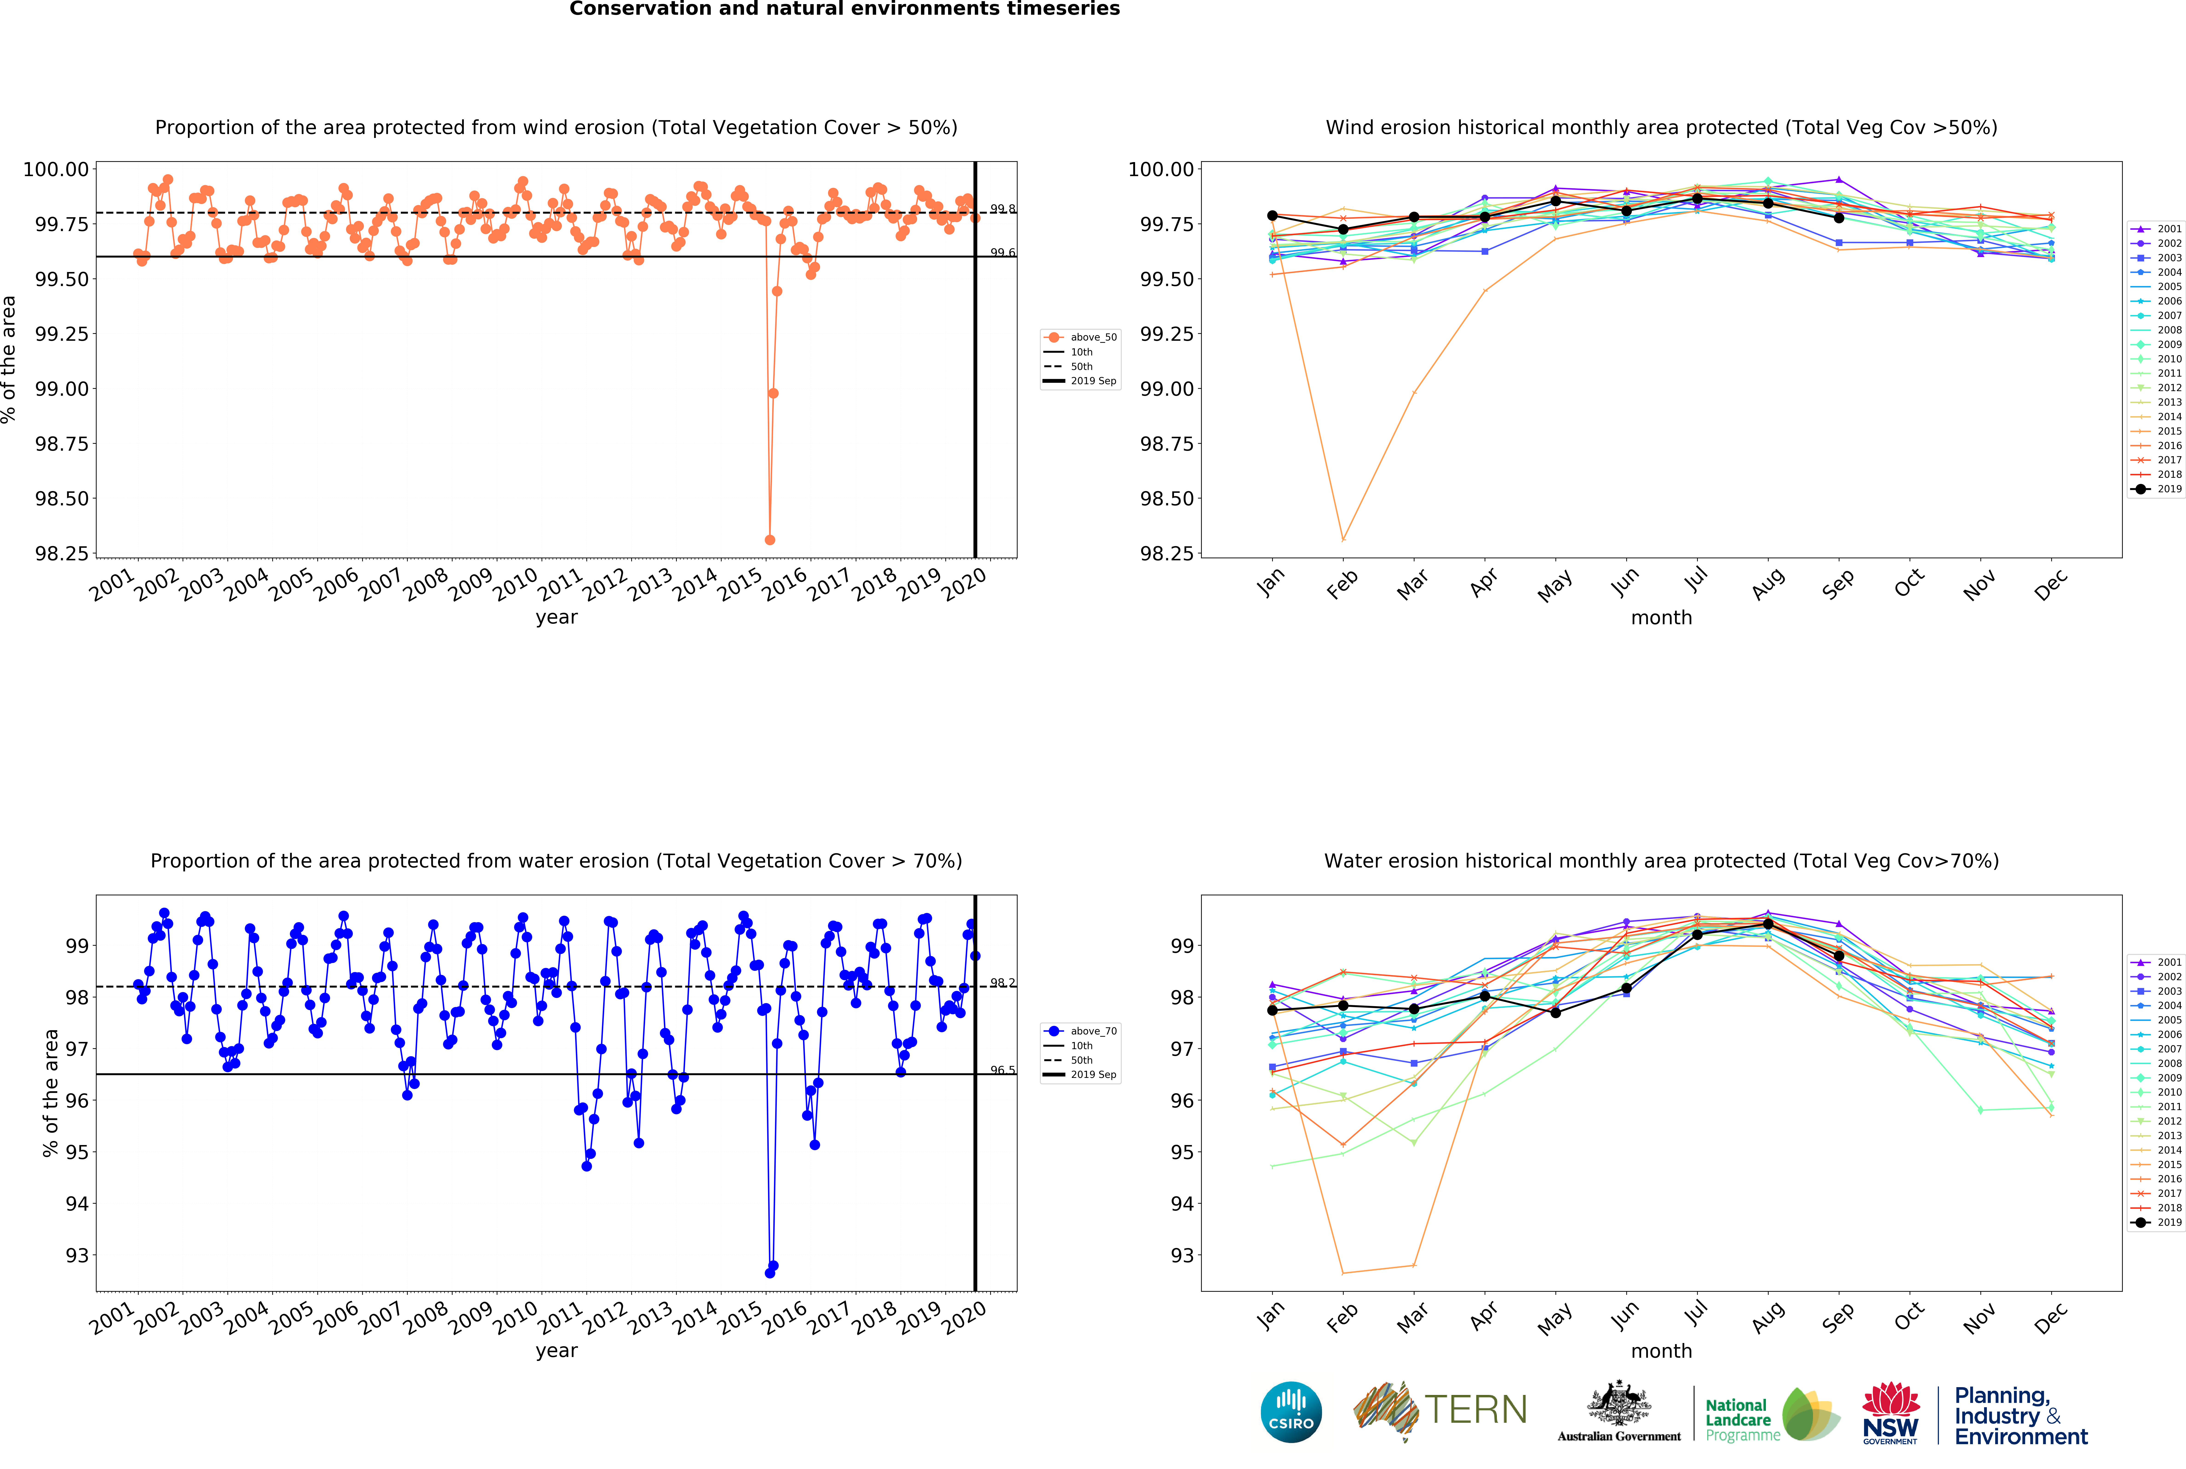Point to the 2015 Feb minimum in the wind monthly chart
coord(1343,540)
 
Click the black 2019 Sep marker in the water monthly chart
coord(1838,956)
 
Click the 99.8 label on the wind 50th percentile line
coord(1003,209)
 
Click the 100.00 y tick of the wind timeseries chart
coord(56,170)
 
